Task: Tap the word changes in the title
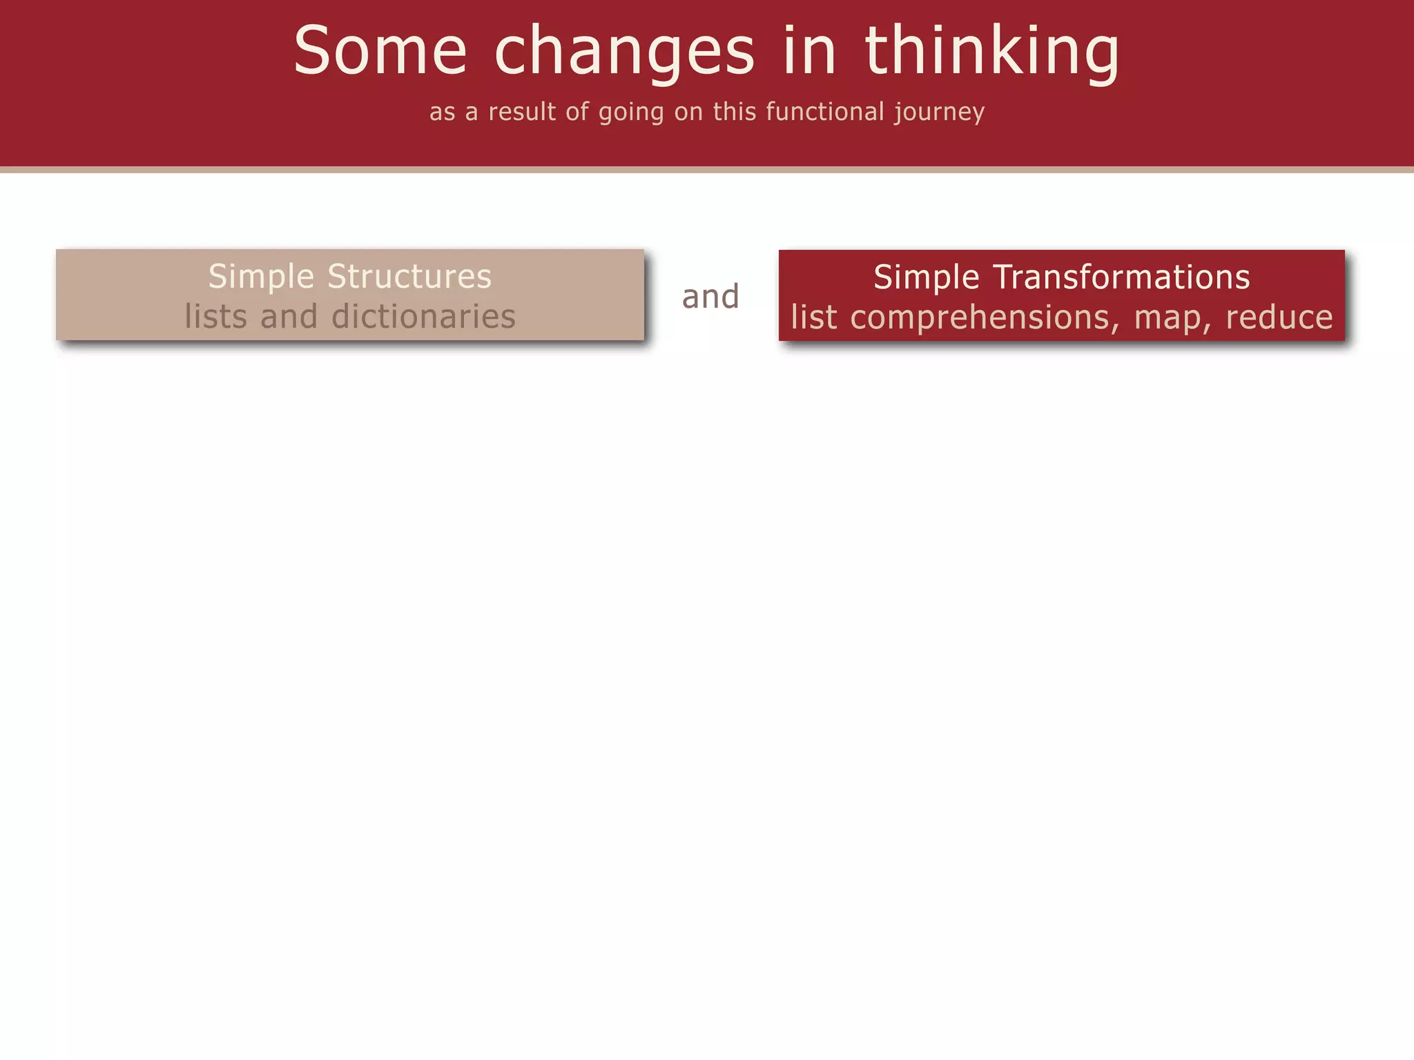point(624,52)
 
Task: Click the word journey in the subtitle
point(940,112)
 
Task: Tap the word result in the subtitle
point(522,111)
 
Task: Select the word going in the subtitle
point(631,112)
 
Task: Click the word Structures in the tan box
point(409,276)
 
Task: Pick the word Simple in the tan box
point(262,277)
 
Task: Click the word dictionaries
point(423,316)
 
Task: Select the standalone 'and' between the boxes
point(710,297)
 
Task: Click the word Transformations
point(1121,277)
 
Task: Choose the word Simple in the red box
point(927,278)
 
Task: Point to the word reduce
point(1279,317)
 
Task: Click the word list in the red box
point(813,317)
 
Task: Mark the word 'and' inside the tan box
point(289,316)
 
